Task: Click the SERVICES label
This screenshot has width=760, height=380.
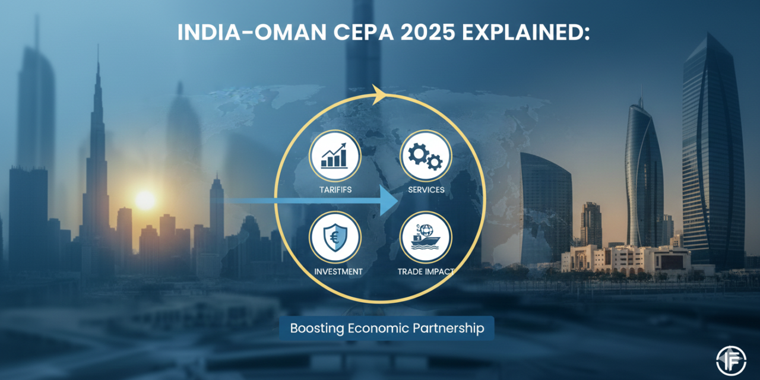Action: click(426, 189)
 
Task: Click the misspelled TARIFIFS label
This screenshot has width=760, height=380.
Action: click(335, 189)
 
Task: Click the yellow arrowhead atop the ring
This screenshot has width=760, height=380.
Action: click(378, 95)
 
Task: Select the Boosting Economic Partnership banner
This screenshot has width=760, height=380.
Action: click(387, 328)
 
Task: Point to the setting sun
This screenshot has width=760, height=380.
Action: click(144, 200)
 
